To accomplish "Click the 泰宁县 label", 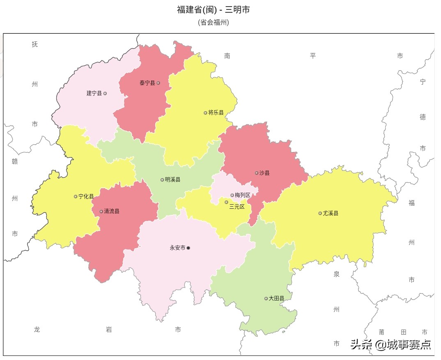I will (x=147, y=83).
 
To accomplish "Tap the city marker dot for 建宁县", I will (x=105, y=93).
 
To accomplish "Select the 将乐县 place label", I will (x=216, y=113).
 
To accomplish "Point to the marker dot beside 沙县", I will (x=257, y=173).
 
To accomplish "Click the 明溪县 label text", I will (x=172, y=180).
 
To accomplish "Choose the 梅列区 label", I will (x=243, y=195).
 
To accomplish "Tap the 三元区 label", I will (x=237, y=207).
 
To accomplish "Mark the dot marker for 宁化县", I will (x=76, y=196).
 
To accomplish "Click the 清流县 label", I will (x=112, y=212).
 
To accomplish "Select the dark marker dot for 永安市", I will (x=188, y=248).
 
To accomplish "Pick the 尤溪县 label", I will (x=331, y=213).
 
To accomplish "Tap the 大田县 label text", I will (x=276, y=298).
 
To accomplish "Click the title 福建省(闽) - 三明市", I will (x=213, y=9).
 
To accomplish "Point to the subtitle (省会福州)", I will (x=213, y=22).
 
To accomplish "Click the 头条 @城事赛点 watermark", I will (x=390, y=344).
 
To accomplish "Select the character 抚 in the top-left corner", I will (x=35, y=44).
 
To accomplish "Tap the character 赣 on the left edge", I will (x=15, y=162).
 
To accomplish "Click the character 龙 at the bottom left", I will (x=37, y=330).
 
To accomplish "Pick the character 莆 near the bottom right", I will (x=381, y=332).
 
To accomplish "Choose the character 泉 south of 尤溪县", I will (x=337, y=274).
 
